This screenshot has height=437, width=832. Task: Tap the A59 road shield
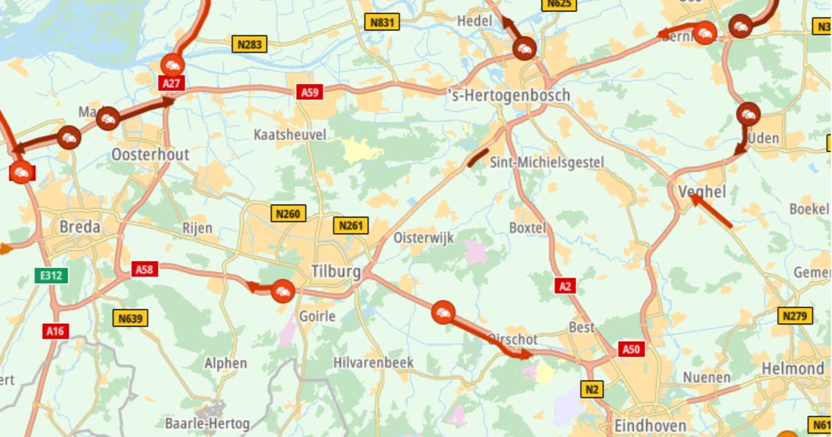tap(309, 92)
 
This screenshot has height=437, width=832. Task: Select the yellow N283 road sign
tap(250, 45)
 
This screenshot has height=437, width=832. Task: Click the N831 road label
tap(382, 22)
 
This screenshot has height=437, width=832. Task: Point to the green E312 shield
tap(51, 275)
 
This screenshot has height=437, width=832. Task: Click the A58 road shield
tap(144, 269)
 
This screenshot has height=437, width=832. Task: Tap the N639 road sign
tap(130, 318)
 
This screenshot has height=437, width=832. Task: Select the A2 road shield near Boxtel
tap(565, 285)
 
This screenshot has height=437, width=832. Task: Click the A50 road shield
tap(630, 349)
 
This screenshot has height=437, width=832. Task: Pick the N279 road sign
tap(795, 316)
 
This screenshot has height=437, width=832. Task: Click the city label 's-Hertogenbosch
tap(510, 95)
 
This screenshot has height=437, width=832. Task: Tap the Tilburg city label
tap(336, 272)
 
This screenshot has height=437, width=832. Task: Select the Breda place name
tap(79, 227)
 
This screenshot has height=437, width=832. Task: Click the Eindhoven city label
tap(650, 425)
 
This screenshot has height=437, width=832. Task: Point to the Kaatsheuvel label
tap(290, 135)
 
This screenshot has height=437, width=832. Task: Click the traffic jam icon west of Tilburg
tap(283, 291)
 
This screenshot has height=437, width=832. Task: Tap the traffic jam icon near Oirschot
tap(442, 312)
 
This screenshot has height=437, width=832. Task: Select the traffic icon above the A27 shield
tap(172, 65)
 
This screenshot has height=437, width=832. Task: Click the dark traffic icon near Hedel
tap(524, 49)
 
